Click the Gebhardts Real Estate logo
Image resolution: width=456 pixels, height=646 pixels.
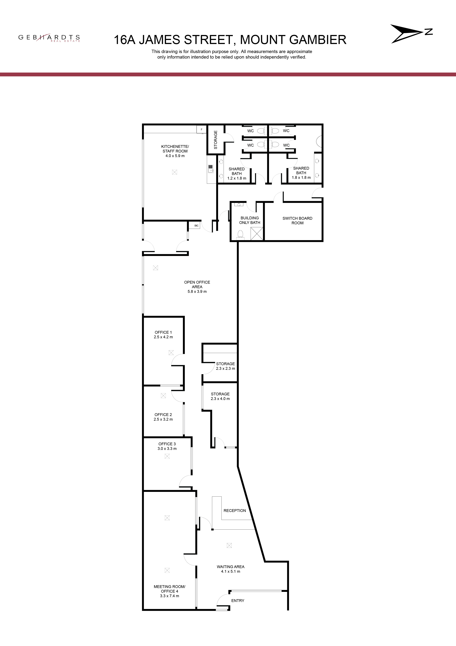pos(49,38)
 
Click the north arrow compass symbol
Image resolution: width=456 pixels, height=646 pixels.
pos(411,34)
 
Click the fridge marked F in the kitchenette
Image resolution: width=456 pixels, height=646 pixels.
pos(202,129)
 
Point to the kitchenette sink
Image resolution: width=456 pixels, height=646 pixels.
pos(210,169)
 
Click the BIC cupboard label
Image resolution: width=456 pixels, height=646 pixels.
pos(196,226)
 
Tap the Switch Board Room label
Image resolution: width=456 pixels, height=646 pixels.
pos(297,221)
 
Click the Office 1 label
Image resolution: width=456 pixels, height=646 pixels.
pos(163,332)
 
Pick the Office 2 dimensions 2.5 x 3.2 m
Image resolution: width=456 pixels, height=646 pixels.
pos(163,419)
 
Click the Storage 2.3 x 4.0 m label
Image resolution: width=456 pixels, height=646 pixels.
pos(220,396)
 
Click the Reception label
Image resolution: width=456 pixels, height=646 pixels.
pos(235,511)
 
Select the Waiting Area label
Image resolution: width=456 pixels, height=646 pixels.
pos(231,567)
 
